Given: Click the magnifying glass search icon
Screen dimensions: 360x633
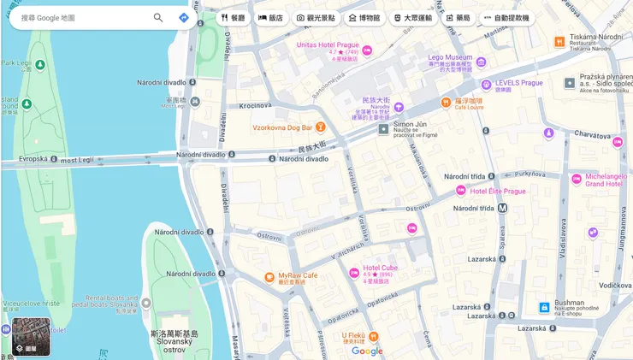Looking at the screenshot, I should point(158,17).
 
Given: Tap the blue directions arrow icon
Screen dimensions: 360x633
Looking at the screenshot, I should point(184,17).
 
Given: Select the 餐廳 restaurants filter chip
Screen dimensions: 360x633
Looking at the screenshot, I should point(233,17).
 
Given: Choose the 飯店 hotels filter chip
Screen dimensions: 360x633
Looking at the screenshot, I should point(270,17).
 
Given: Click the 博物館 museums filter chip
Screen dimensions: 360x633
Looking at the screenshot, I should point(364,17).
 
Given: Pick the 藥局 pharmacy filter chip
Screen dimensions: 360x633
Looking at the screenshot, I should point(458,17).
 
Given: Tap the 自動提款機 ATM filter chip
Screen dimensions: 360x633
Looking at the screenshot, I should point(506,17).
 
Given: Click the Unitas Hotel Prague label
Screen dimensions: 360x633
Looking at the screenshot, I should point(327,44).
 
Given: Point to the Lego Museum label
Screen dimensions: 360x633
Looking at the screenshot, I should point(450,58).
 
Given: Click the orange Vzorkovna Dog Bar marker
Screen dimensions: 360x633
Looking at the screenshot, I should point(320,128).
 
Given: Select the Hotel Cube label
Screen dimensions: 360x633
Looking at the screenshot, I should point(380,268).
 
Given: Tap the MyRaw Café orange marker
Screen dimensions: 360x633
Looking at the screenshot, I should point(269,276).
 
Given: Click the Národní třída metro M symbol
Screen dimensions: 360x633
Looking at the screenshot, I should point(503,208).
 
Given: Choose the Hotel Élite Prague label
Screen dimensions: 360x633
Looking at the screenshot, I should point(498,191).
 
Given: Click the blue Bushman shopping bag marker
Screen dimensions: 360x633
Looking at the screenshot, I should point(544,307).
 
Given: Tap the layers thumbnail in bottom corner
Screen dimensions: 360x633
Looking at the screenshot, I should point(31,336).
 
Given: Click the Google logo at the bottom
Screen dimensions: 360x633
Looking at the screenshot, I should point(367,351).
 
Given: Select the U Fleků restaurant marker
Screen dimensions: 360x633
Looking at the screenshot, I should point(373,336).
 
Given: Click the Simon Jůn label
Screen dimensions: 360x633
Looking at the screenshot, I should point(409,125).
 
